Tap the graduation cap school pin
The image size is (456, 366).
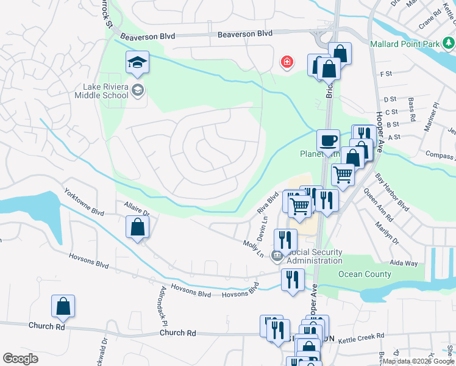(x=137, y=62)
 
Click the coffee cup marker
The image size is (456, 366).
(x=328, y=140)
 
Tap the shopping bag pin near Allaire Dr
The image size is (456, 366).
(x=137, y=228)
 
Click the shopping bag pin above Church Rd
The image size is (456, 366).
(x=63, y=307)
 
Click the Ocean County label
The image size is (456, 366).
(x=365, y=274)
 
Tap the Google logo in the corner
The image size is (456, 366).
(x=20, y=358)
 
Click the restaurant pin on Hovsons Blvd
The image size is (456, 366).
(x=293, y=279)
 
